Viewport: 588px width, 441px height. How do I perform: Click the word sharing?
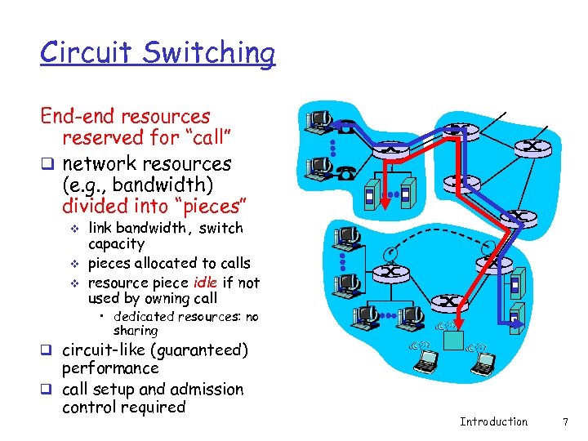[136, 331]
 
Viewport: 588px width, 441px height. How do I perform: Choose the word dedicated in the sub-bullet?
[144, 317]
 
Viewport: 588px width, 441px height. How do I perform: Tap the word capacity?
[116, 244]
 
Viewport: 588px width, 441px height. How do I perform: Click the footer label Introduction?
[493, 421]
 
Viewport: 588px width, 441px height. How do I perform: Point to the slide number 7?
[564, 421]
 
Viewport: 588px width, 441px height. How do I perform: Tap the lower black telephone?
[348, 172]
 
